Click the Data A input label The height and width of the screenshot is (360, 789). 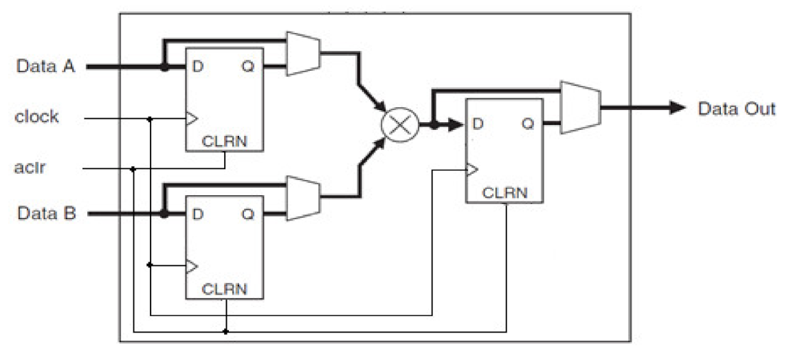[46, 67]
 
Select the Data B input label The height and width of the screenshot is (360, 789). [46, 214]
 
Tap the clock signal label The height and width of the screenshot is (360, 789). [36, 117]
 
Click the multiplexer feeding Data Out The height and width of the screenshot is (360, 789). [580, 107]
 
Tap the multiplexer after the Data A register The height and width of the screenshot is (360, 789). [302, 53]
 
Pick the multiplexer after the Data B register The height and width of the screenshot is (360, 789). [302, 198]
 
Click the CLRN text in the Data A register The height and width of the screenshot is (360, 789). [224, 142]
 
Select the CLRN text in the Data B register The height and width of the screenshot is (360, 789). [224, 289]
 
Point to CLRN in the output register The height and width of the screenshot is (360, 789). [505, 193]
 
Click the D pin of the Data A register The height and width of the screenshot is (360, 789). [197, 67]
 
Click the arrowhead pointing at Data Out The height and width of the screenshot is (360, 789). [677, 108]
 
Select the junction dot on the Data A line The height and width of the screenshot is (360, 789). [164, 67]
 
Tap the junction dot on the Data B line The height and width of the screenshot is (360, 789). [164, 214]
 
